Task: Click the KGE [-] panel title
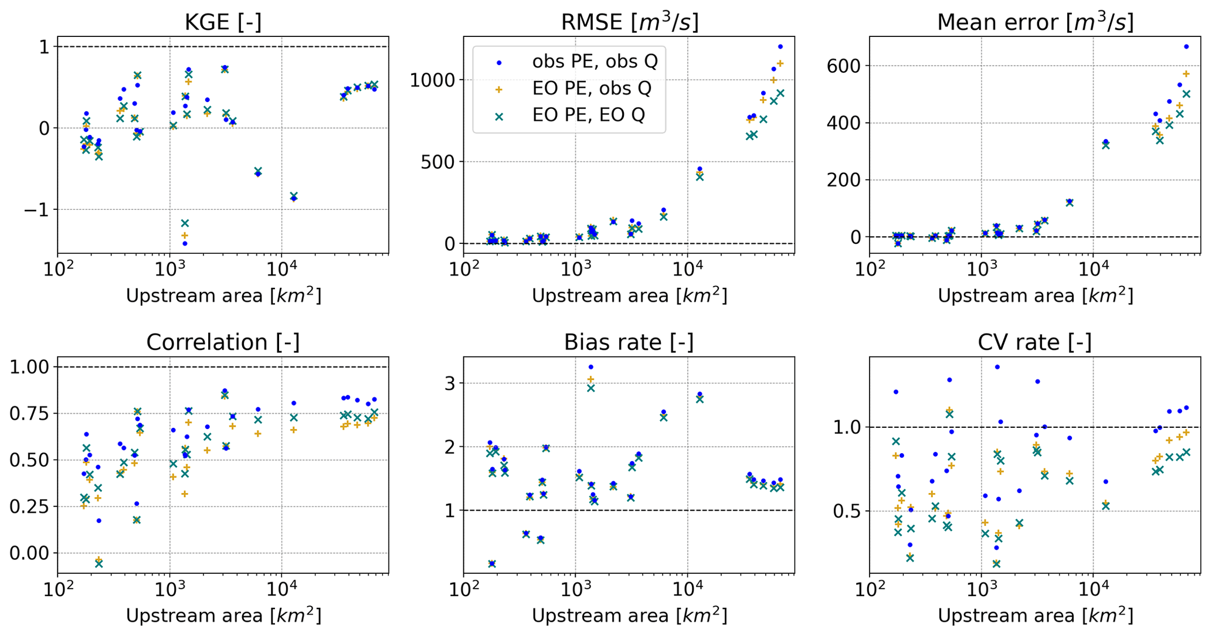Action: point(223,22)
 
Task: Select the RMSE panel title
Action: point(629,22)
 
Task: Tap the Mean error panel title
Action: point(1035,22)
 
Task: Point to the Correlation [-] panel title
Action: point(223,342)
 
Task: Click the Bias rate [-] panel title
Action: point(629,342)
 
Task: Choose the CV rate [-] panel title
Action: point(1035,342)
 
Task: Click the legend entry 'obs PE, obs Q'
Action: point(594,62)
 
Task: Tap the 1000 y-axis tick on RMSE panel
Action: point(432,80)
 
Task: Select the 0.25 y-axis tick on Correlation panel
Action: point(28,506)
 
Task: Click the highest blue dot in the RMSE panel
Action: point(780,46)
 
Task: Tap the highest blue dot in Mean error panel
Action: point(1186,46)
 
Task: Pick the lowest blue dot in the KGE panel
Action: point(185,243)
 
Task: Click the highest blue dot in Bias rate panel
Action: point(590,367)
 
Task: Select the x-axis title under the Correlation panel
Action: point(223,616)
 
